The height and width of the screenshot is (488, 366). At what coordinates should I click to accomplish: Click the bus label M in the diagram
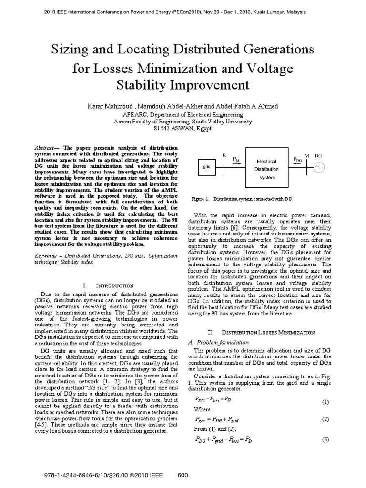point(306,156)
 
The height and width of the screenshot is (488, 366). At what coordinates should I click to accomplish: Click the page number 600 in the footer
point(183,475)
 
